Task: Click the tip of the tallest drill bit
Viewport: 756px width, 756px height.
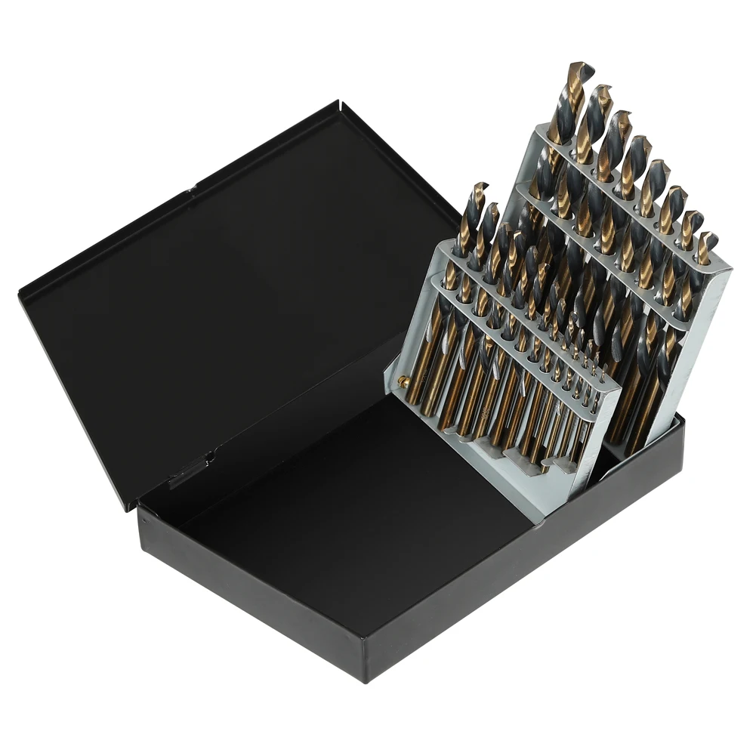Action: tap(580, 66)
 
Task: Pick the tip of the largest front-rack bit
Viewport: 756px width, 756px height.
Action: tap(480, 186)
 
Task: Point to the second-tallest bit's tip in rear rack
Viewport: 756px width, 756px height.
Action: tap(603, 89)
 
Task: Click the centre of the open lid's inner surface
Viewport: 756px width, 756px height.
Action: tap(227, 302)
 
